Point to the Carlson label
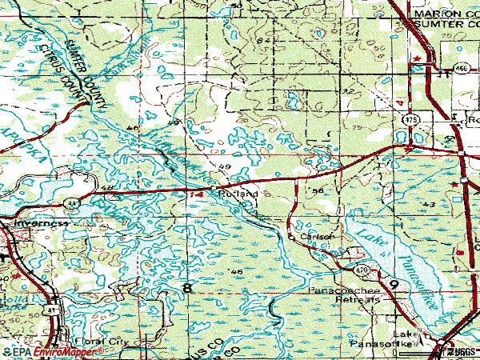(x=316, y=237)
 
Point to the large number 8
(x=187, y=287)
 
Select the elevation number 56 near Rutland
(x=318, y=192)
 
